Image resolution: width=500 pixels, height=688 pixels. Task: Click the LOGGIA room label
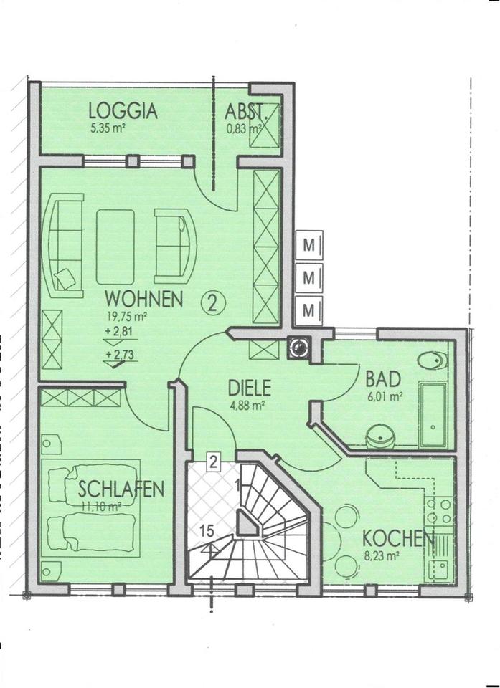point(123,111)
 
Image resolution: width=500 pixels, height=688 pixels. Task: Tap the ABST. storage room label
point(246,111)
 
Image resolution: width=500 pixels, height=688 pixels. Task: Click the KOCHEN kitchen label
point(397,537)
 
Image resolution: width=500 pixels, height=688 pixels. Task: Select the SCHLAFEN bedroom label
point(121,489)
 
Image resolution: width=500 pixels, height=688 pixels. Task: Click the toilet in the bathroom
point(432,361)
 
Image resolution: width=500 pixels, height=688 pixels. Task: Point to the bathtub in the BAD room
point(433,414)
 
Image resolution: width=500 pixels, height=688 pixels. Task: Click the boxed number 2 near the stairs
point(213,461)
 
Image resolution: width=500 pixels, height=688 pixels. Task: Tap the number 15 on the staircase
point(207,531)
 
